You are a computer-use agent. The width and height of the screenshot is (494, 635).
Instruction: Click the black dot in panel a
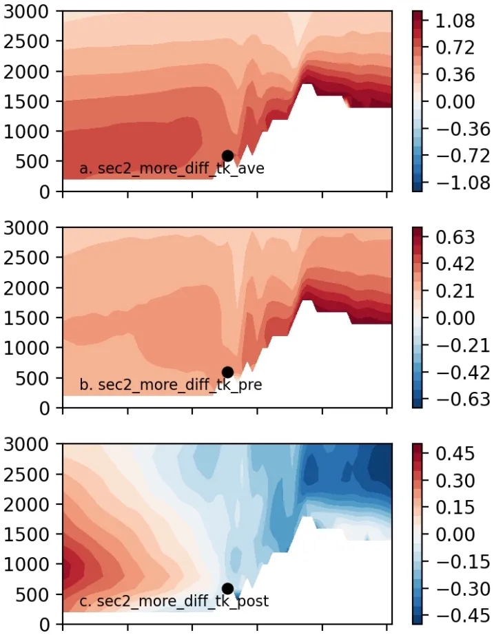pos(227,156)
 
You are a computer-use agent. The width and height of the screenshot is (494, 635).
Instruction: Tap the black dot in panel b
pos(227,373)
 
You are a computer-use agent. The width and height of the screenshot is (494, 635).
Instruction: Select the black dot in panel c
pos(227,589)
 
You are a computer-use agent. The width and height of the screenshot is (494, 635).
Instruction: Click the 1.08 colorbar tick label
pos(455,21)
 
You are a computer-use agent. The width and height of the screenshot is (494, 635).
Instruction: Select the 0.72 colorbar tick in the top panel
pos(455,48)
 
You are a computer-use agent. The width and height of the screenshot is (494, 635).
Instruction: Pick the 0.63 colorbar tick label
pos(455,238)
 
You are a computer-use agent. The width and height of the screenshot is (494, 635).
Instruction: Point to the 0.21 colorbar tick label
pos(455,291)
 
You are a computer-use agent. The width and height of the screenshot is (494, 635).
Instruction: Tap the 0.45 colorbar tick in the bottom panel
pos(455,454)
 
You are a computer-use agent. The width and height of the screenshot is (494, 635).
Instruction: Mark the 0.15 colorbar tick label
pos(455,508)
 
